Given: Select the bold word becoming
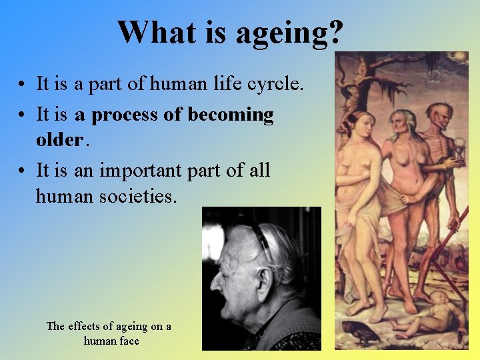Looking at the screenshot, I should click(231, 115).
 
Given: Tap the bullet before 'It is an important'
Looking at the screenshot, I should click(23, 171).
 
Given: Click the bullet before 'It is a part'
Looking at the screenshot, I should click(23, 85).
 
